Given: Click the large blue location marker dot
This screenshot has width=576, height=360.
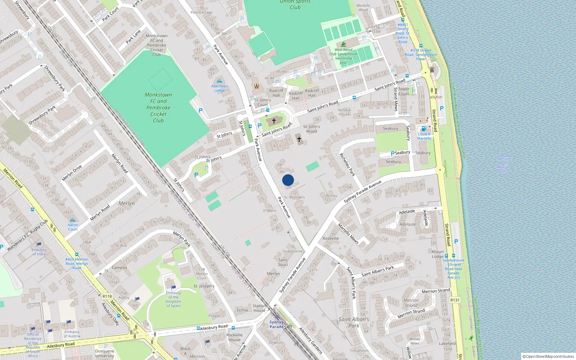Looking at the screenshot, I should click(288, 180).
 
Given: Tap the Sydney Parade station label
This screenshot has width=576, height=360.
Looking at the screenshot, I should click(276, 324).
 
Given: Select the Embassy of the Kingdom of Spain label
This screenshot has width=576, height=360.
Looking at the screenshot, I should click(173, 299).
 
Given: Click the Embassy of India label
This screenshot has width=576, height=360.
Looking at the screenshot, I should click(39, 252).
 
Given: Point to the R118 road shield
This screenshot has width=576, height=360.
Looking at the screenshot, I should click(107, 296).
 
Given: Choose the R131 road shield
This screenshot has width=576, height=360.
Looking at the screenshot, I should click(455, 300).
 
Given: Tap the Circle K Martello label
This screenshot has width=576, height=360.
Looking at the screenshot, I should click(424, 136).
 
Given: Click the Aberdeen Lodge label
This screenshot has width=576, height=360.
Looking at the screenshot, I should click(220, 88).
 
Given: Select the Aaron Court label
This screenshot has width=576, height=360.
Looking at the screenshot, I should click(73, 227).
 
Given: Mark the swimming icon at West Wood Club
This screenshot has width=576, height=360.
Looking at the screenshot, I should click(343, 44).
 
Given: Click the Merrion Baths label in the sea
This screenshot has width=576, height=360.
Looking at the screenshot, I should click(504, 165).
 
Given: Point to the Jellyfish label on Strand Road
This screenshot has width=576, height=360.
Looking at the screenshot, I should click(436, 97).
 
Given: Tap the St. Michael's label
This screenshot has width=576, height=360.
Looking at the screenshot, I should click(294, 197).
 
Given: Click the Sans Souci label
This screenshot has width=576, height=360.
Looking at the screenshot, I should click(283, 262).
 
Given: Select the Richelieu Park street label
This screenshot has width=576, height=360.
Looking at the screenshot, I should click(347, 165).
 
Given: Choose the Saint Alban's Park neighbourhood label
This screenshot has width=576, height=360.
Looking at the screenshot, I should click(354, 322).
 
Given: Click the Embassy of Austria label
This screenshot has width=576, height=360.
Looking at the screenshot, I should click(72, 334).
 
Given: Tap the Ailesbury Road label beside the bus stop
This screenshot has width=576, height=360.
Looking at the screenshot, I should click(214, 328).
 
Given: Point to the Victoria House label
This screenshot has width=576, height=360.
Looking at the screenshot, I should click(344, 112).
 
